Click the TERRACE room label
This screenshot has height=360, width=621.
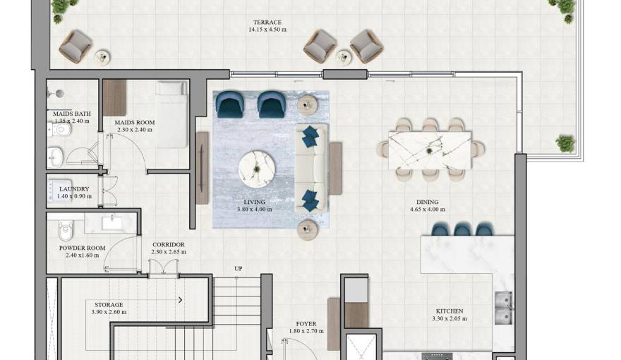tap(265, 23)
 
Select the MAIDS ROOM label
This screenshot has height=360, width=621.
tap(135, 123)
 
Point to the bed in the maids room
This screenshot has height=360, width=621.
tap(171, 113)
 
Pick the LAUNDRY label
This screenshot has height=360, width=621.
tap(74, 189)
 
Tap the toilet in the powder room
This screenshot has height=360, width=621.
tap(66, 230)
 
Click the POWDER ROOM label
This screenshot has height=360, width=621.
tap(83, 248)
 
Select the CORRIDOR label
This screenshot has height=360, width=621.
tap(169, 245)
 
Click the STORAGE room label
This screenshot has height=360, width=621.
tap(109, 305)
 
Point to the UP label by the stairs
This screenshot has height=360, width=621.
tap(239, 268)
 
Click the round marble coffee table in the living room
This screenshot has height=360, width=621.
tap(255, 167)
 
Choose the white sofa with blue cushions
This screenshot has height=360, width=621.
tap(310, 168)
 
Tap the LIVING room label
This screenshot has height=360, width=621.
tap(254, 202)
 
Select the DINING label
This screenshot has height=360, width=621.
tap(428, 202)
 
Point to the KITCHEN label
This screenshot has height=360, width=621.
tap(450, 311)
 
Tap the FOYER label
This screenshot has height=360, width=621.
tap(306, 324)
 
